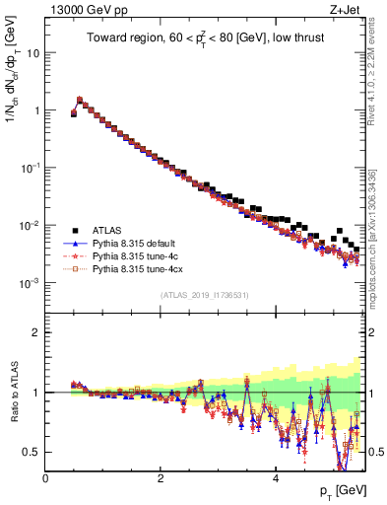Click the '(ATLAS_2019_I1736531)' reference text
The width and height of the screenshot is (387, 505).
click(x=205, y=295)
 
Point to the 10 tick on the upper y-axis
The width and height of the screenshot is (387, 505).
click(x=32, y=53)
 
